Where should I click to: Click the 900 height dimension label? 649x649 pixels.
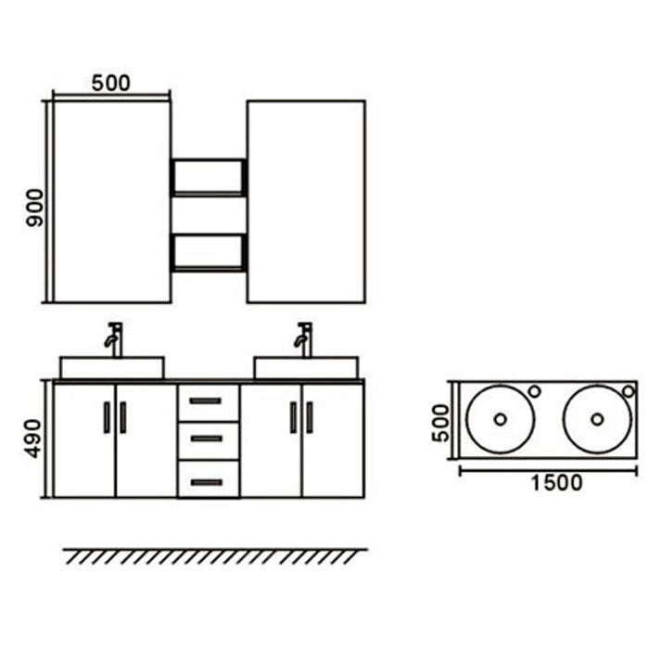(x=34, y=208)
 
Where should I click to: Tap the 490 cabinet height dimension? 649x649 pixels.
(x=33, y=439)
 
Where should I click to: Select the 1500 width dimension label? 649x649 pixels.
(x=556, y=483)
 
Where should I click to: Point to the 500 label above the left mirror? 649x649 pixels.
(x=110, y=83)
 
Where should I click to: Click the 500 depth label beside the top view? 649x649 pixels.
(x=440, y=423)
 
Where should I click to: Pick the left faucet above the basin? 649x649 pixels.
(x=114, y=339)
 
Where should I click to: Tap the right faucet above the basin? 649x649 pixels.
(x=304, y=339)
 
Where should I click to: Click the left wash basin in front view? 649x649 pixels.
(x=112, y=367)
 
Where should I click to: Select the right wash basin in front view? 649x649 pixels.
(x=306, y=367)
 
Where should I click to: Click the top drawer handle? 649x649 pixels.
(x=206, y=401)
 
